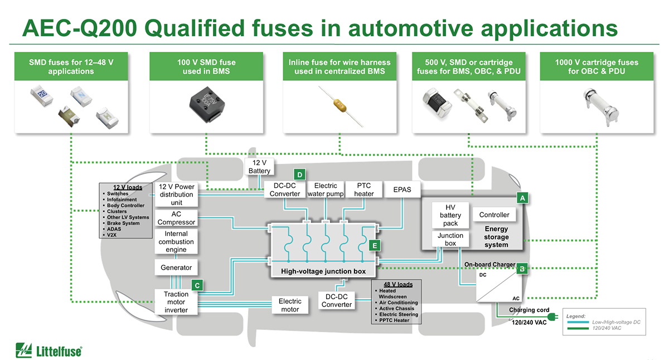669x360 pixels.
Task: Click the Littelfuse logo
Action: (49, 349)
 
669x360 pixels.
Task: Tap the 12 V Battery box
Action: (259, 167)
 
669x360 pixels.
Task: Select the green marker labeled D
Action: (299, 175)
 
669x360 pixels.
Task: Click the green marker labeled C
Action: (197, 285)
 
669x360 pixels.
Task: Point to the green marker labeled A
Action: (522, 198)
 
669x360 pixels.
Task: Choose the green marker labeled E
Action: (375, 245)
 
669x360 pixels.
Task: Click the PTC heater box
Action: (364, 189)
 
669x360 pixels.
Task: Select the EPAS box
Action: (402, 189)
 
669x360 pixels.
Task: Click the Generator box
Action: (176, 267)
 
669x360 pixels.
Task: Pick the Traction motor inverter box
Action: (176, 302)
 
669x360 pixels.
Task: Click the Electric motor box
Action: (290, 305)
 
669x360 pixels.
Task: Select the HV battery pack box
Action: (450, 215)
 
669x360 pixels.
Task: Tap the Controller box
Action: (494, 215)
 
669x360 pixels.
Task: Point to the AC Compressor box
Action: (176, 218)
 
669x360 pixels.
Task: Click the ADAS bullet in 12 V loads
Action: (114, 229)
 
